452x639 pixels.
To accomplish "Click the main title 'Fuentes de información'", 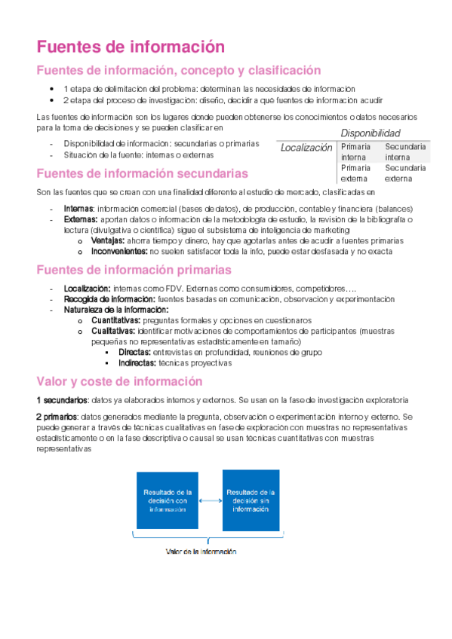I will click(131, 46).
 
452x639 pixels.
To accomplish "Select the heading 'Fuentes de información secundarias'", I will click(142, 173).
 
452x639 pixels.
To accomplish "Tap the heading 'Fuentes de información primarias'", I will click(134, 269).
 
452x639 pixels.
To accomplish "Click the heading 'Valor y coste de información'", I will click(121, 381).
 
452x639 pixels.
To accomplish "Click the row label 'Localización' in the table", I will click(306, 148).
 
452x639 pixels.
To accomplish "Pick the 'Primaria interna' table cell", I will click(356, 151).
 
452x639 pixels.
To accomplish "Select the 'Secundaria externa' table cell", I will click(405, 173).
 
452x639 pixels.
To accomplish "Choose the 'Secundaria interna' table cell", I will click(405, 151).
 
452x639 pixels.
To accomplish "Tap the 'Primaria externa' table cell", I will click(356, 173).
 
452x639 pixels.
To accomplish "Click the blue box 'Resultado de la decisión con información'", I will click(168, 500).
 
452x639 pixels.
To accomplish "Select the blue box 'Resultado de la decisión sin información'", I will click(251, 500).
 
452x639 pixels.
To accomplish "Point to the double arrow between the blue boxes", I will click(209, 499).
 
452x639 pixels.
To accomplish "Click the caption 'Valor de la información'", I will click(201, 552).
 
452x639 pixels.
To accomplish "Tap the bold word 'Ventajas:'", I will click(108, 240).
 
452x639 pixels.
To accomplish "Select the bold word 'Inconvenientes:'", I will click(119, 251).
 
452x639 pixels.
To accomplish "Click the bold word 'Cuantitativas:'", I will click(116, 320).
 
